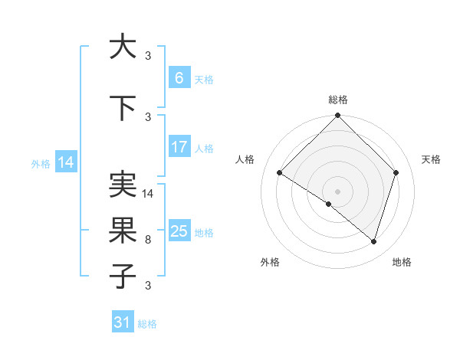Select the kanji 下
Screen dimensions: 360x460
click(x=123, y=110)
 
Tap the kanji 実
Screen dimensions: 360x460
click(x=123, y=186)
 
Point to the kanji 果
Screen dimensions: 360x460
click(x=123, y=231)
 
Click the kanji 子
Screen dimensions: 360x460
click(x=123, y=276)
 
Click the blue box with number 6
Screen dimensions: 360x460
click(x=179, y=78)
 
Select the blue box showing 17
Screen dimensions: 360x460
click(x=179, y=148)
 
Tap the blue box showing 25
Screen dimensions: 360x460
click(x=179, y=231)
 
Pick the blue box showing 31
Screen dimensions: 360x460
click(x=123, y=322)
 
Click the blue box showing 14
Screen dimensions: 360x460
click(x=65, y=162)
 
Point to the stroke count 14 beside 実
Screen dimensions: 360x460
click(x=149, y=194)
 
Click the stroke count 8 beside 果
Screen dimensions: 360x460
click(x=148, y=240)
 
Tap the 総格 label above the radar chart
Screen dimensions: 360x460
click(x=338, y=100)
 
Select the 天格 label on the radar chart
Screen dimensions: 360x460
click(x=432, y=159)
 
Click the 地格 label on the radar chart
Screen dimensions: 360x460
click(x=402, y=262)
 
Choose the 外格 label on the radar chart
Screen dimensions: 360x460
click(x=270, y=262)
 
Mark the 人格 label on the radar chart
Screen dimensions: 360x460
click(x=245, y=159)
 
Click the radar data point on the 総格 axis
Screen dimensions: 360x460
click(x=338, y=116)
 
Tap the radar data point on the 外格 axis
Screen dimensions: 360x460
click(x=329, y=205)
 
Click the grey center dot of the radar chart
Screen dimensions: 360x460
click(x=338, y=191)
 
